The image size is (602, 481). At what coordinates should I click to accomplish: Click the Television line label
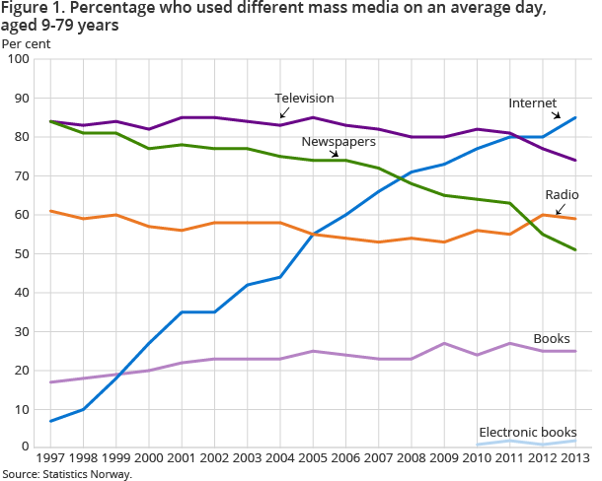click(x=305, y=99)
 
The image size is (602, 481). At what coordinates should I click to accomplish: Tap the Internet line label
click(x=533, y=103)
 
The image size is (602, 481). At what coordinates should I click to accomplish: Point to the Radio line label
click(x=561, y=194)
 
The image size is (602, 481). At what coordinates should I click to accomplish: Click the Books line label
click(x=551, y=339)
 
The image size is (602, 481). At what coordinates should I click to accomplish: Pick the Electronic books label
click(x=528, y=433)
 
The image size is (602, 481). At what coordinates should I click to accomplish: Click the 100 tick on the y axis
click(x=18, y=60)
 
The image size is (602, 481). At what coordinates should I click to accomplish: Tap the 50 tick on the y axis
click(x=21, y=254)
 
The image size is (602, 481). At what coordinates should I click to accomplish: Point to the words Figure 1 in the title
click(x=32, y=11)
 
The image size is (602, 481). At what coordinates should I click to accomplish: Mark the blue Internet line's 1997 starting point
click(x=51, y=421)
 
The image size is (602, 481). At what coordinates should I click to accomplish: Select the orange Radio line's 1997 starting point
click(x=51, y=211)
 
